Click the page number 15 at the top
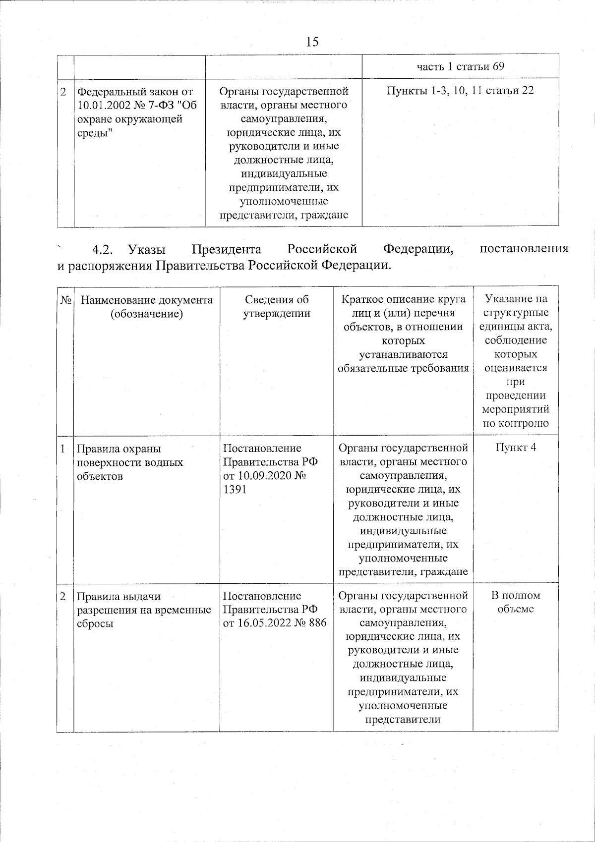[312, 42]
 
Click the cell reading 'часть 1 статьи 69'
[460, 66]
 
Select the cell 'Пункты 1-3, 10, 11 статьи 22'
[460, 91]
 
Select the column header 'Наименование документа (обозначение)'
[147, 307]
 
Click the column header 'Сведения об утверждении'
[276, 307]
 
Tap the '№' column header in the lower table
[66, 300]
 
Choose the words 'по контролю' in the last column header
[516, 423]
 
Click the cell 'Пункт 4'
[516, 448]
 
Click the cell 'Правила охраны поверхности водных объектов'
[129, 462]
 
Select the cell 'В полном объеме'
[516, 602]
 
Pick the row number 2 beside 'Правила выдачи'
[63, 596]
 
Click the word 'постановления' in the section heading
[524, 249]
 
